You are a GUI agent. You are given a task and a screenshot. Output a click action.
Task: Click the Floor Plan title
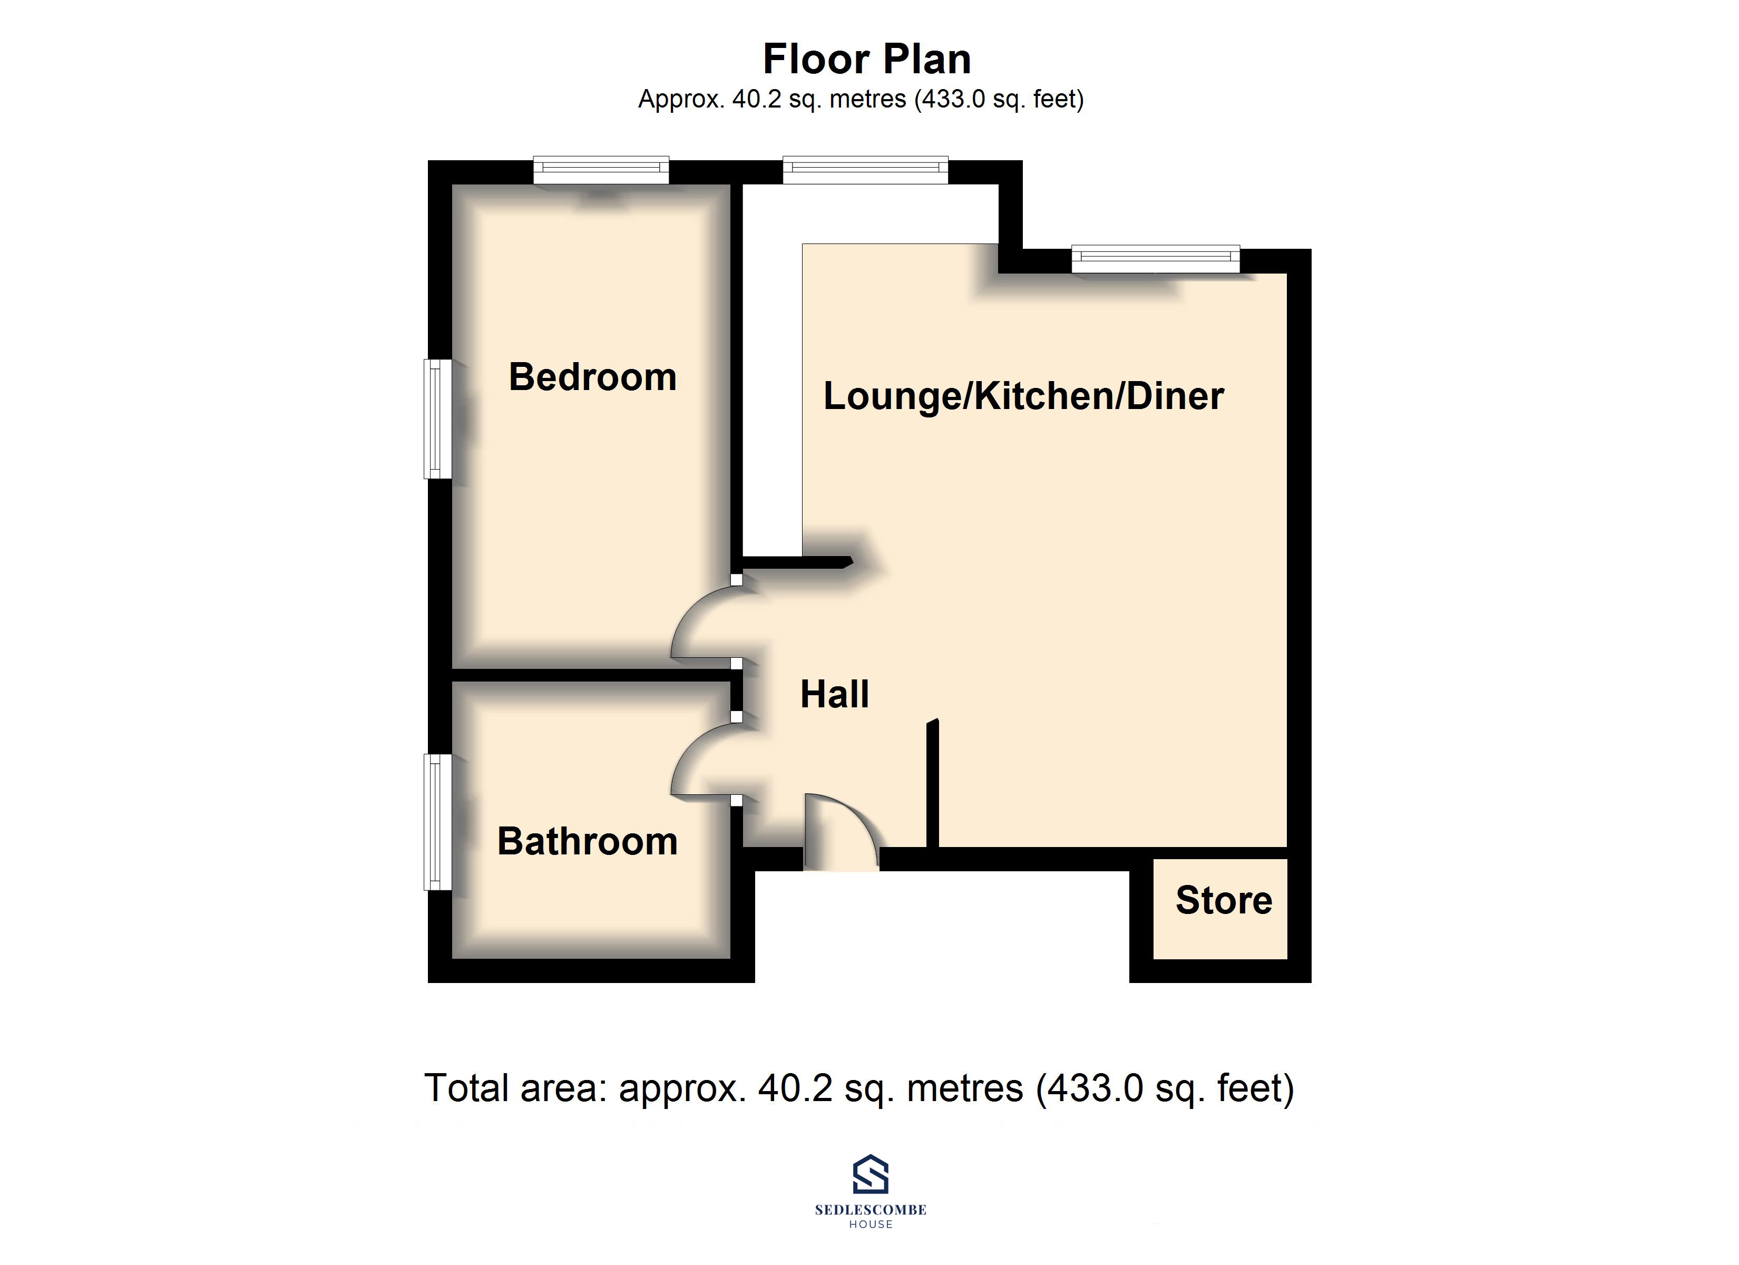click(x=867, y=59)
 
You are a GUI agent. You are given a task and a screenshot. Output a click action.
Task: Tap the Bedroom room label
click(x=593, y=377)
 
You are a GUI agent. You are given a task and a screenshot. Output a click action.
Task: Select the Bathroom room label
click(x=588, y=842)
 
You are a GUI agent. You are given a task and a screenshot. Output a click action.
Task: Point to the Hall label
click(x=834, y=694)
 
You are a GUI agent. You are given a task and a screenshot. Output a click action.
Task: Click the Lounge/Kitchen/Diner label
click(x=1023, y=396)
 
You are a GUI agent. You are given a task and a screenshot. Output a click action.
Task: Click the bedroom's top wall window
click(x=601, y=170)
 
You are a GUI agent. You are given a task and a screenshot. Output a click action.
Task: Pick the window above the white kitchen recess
click(x=865, y=170)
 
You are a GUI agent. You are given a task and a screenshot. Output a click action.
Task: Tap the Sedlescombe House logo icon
click(x=870, y=1174)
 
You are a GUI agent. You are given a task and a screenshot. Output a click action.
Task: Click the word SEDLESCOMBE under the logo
click(x=870, y=1210)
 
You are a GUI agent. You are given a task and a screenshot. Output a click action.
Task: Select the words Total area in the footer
click(x=515, y=1088)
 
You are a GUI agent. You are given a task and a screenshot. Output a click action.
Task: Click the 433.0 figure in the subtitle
click(x=953, y=100)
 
